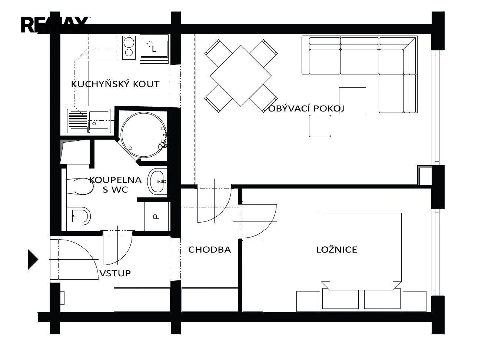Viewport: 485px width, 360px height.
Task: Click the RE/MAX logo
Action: click(55, 25)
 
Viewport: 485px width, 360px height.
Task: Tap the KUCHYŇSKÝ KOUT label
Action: click(115, 84)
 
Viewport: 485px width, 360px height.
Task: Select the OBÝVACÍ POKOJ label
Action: click(306, 109)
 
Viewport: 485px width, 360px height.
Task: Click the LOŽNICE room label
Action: click(337, 250)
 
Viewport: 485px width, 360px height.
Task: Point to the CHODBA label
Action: click(209, 250)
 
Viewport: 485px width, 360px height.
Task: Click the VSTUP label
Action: click(115, 273)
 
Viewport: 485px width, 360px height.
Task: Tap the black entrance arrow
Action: click(33, 260)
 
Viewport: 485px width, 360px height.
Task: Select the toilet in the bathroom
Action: click(80, 186)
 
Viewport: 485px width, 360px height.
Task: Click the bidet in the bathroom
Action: click(79, 216)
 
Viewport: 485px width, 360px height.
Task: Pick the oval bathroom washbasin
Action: click(157, 181)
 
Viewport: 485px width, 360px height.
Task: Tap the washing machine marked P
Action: click(156, 216)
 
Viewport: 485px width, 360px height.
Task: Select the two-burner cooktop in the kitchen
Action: click(129, 47)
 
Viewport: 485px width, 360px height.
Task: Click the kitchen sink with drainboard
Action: click(89, 121)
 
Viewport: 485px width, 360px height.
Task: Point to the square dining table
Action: click(241, 76)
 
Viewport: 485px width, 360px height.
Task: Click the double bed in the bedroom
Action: click(361, 261)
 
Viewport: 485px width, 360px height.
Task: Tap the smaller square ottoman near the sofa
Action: click(320, 126)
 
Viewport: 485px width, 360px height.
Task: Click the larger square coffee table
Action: click(352, 101)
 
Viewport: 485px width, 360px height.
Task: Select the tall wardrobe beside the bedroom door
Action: click(253, 277)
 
